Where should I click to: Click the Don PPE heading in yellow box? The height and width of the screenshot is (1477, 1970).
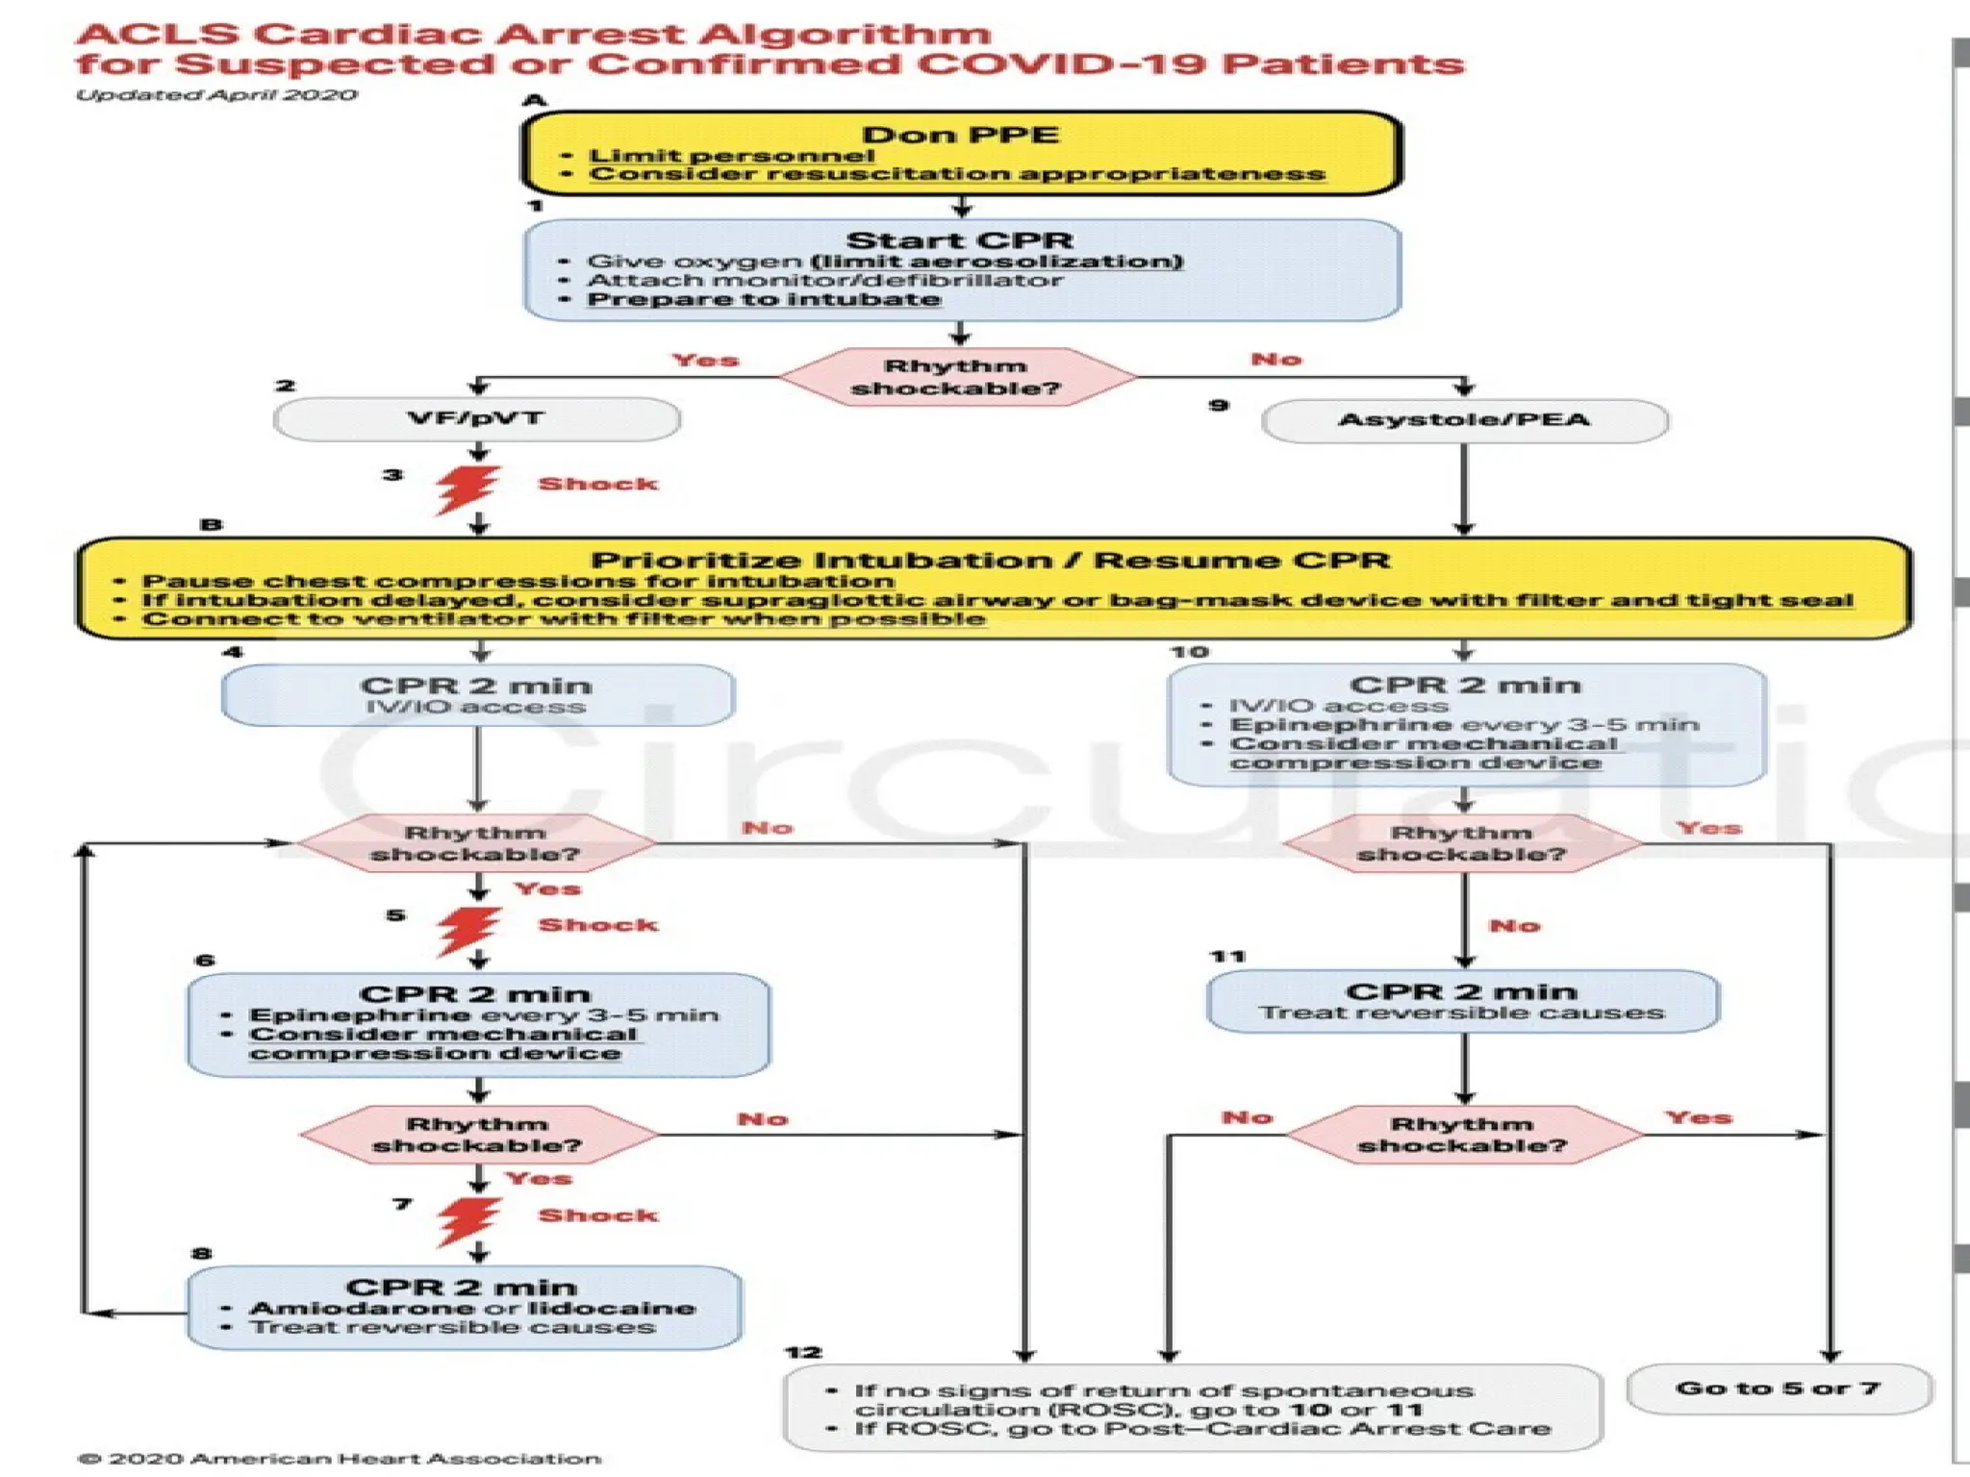coord(960,135)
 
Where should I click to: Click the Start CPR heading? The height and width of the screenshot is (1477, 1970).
coord(959,240)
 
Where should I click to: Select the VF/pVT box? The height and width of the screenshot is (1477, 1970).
coord(476,419)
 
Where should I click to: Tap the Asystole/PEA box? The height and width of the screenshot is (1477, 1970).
coord(1463,420)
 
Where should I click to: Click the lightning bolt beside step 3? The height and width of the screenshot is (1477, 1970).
coord(468,488)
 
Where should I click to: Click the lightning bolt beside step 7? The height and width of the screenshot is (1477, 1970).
coord(468,1219)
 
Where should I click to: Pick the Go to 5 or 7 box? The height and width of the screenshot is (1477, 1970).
coord(1778,1389)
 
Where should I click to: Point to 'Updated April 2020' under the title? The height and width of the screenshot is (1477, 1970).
coord(216,95)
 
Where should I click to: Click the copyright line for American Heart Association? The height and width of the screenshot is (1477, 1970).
coord(339,1459)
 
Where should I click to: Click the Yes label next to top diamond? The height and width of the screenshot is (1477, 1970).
coord(705,361)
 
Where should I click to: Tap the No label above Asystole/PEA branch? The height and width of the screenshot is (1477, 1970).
coord(1275,360)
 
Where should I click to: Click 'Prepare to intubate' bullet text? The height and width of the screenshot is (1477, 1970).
coord(764,299)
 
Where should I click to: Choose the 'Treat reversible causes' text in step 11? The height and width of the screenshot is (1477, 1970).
coord(1461,1013)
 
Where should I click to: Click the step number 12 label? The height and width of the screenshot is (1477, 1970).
coord(803,1353)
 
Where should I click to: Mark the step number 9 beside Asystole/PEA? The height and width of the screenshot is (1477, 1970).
coord(1219,406)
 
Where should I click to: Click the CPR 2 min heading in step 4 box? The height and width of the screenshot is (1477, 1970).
coord(476,686)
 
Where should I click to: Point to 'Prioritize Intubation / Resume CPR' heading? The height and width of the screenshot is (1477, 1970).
coord(990,561)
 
